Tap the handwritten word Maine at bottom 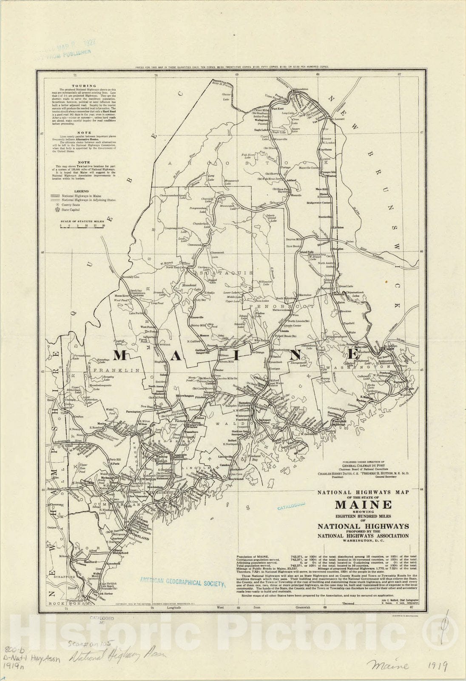392,665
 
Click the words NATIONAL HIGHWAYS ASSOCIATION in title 363,535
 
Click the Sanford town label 92,561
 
